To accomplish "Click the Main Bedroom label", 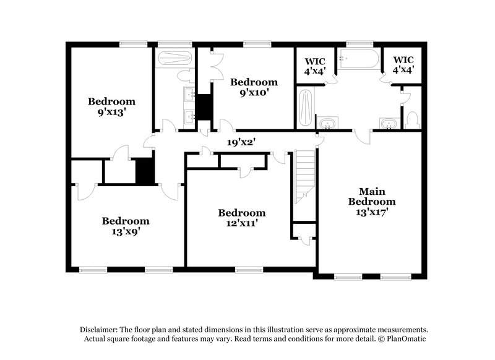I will (x=371, y=196).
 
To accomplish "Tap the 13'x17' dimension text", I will (x=371, y=212).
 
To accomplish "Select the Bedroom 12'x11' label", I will (x=241, y=218).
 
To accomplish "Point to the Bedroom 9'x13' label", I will (x=111, y=106).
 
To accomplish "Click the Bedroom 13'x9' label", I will (x=126, y=226).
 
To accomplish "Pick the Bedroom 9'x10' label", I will (x=254, y=87).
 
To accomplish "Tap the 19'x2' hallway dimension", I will (x=241, y=142).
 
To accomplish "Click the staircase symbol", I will (x=303, y=176).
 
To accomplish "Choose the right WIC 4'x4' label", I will (x=403, y=66).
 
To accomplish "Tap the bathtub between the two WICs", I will (x=359, y=60).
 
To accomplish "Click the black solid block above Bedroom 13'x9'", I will (x=144, y=171).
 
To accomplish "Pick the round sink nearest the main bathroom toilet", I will (x=388, y=124).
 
